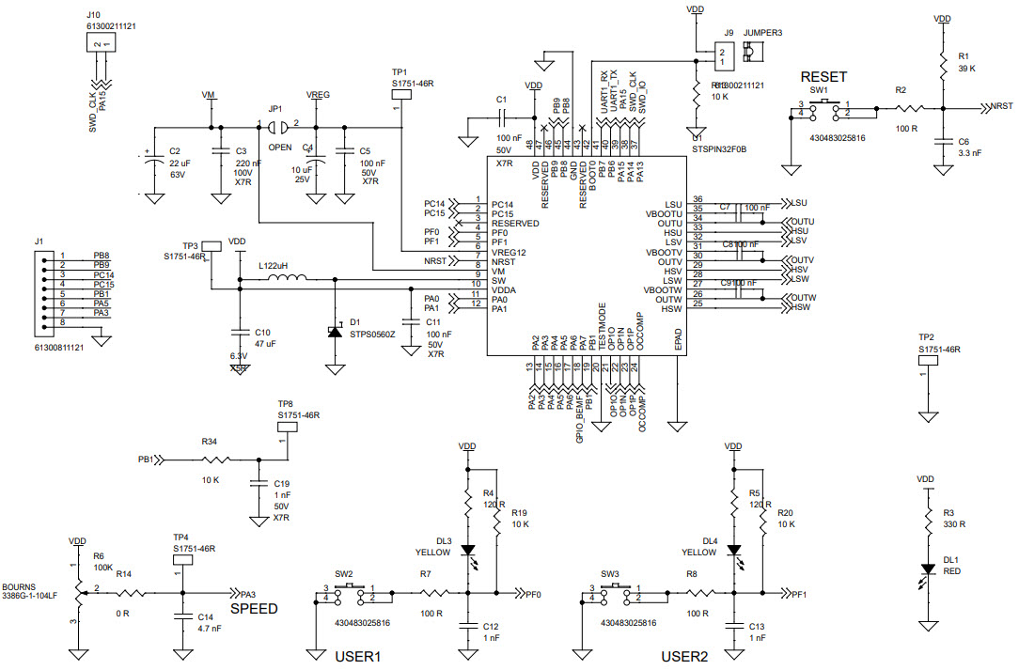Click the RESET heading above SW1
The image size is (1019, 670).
coord(823,76)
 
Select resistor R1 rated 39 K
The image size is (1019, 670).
coord(942,64)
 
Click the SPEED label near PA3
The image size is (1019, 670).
coord(255,609)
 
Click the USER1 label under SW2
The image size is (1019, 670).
coord(357,656)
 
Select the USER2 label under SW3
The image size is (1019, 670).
coord(684,656)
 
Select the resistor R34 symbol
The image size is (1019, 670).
coord(216,460)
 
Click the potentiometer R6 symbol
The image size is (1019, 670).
coord(75,592)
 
